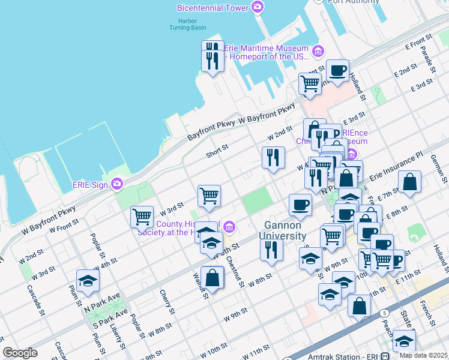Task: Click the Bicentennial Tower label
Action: click(213, 8)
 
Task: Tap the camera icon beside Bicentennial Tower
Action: click(258, 7)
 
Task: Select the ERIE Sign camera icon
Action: click(117, 183)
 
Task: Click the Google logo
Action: click(20, 353)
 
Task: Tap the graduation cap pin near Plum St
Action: click(88, 281)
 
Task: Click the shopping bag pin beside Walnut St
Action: click(212, 278)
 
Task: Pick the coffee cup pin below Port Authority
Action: click(337, 70)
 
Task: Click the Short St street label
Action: click(217, 148)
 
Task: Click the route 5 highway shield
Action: click(384, 313)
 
